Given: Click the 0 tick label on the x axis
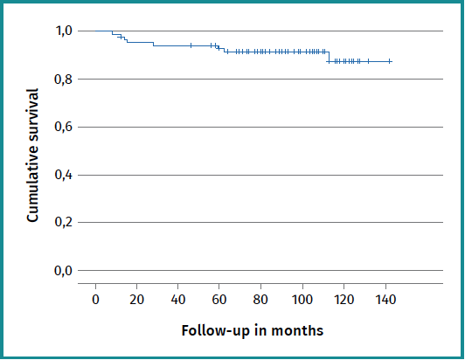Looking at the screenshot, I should tap(95, 300).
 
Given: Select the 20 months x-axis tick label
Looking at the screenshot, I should tap(136, 300).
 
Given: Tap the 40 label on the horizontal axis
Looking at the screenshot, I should tap(177, 300).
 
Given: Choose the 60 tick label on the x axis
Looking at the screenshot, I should tap(219, 300).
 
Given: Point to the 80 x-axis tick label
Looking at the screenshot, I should tap(260, 300).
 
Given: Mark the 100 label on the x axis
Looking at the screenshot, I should tap(302, 300).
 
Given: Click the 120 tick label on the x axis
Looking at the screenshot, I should tap(344, 300).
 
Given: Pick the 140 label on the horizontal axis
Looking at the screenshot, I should tap(385, 300).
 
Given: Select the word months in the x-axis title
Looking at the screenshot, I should tap(299, 331).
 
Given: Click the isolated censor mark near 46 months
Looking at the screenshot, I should tap(191, 45).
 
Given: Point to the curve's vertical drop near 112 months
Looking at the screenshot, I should tap(328, 57).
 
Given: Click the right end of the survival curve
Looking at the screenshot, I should tap(391, 61).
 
